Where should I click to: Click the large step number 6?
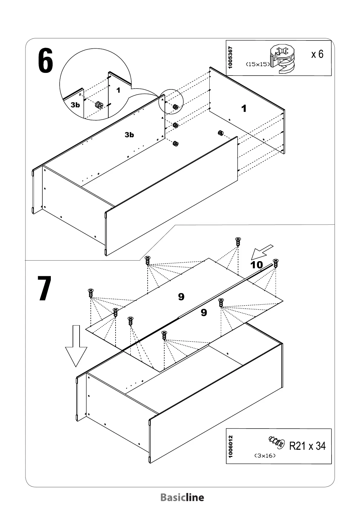46,61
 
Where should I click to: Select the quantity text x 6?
317,54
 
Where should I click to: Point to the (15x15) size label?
257,64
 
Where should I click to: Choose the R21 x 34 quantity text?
307,446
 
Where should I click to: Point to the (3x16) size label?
265,455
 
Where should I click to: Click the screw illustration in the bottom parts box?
277,442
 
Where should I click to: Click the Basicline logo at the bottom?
182,498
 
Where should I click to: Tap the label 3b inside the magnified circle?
75,105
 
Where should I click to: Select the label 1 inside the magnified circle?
118,90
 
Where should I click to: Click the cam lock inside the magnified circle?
99,105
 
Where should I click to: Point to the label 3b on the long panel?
129,135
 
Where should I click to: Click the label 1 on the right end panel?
244,109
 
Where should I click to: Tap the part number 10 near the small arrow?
257,265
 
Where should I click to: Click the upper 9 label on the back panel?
181,297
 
